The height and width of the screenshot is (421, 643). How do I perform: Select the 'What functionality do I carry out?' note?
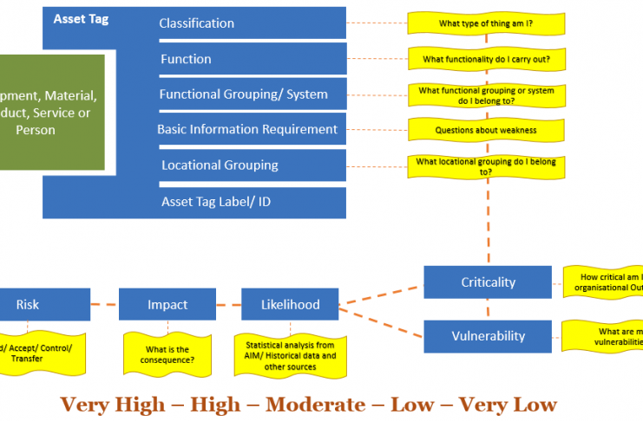click(486, 60)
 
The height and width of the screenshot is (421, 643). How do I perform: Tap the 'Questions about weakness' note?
click(486, 131)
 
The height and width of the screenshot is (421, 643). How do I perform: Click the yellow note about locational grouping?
click(486, 165)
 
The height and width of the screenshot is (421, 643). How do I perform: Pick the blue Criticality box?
click(487, 282)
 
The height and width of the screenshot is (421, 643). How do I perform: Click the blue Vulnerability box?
click(487, 336)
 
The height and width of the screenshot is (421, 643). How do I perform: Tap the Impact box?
click(167, 304)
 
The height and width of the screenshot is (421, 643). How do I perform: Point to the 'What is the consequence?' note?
click(168, 353)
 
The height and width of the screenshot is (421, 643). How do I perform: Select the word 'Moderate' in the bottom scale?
click(314, 405)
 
